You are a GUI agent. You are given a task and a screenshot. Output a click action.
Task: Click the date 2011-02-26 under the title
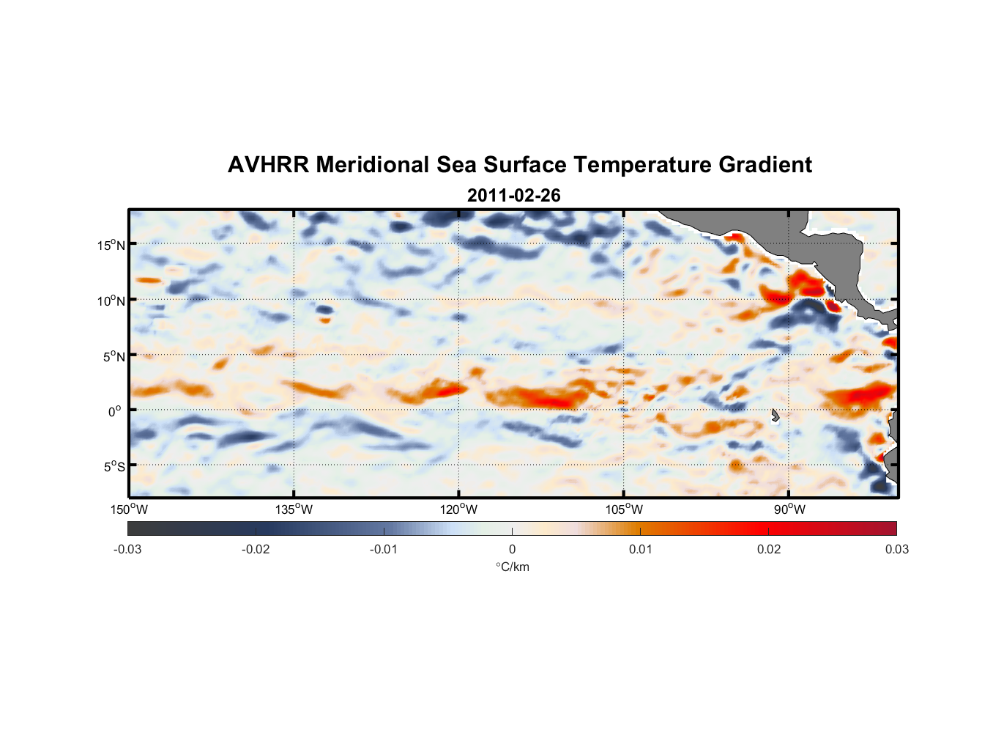pyautogui.click(x=513, y=196)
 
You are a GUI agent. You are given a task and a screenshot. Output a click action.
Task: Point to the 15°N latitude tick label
pyautogui.click(x=111, y=245)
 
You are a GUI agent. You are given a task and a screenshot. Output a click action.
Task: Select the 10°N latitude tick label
pyautogui.click(x=111, y=301)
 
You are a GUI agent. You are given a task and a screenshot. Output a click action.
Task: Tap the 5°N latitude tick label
pyautogui.click(x=114, y=356)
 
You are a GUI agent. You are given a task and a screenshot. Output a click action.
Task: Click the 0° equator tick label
pyautogui.click(x=115, y=411)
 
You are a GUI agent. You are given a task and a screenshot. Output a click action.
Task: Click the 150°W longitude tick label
pyautogui.click(x=129, y=509)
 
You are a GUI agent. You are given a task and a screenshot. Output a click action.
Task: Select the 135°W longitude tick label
pyautogui.click(x=294, y=509)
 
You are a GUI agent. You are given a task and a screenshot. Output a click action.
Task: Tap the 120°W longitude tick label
pyautogui.click(x=458, y=509)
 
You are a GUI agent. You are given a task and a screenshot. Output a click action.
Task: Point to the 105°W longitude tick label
pyautogui.click(x=624, y=509)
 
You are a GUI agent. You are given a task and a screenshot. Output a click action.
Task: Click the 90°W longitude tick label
pyautogui.click(x=789, y=509)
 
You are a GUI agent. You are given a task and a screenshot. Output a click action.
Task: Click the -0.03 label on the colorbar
pyautogui.click(x=127, y=549)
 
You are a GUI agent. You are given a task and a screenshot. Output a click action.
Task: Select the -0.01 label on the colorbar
pyautogui.click(x=384, y=549)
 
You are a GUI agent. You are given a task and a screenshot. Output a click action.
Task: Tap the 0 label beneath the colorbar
pyautogui.click(x=512, y=549)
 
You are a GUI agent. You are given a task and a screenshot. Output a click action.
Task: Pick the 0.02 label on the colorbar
pyautogui.click(x=769, y=549)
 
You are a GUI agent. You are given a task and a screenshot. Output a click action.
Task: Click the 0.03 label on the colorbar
pyautogui.click(x=896, y=549)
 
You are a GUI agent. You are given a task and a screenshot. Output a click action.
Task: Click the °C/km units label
pyautogui.click(x=512, y=567)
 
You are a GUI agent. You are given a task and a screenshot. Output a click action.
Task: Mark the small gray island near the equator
pyautogui.click(x=776, y=416)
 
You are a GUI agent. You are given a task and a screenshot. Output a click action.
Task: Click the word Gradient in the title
pyautogui.click(x=765, y=165)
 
